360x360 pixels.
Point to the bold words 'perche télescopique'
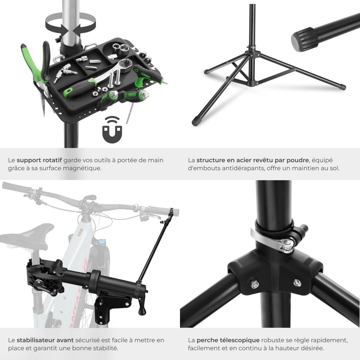point(228,340)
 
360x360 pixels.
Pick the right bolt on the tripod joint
point(297,282)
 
